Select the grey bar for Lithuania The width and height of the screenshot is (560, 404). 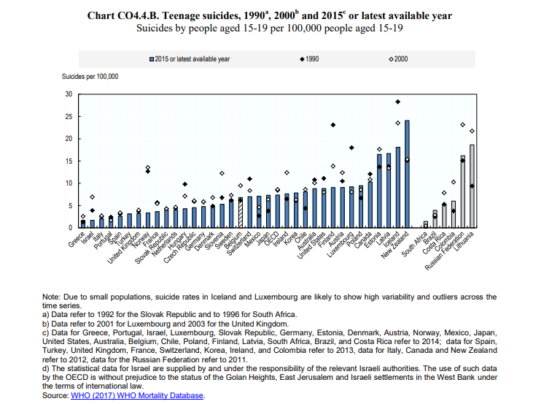tap(472, 186)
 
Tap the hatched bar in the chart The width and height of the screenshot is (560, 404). tap(240, 213)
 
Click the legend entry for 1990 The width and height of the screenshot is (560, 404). tap(309, 59)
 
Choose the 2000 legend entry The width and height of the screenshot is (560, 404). tap(397, 59)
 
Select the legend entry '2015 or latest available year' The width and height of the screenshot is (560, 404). tap(189, 59)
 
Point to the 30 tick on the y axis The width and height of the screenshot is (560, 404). tap(69, 94)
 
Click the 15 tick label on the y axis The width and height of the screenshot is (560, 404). tap(69, 161)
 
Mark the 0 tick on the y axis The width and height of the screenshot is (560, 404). tap(71, 228)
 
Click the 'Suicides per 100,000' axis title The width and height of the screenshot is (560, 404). tap(90, 76)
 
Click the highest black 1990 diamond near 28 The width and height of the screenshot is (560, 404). tap(397, 102)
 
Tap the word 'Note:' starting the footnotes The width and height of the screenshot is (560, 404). tap(53, 297)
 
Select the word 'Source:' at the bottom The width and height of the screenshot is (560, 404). tap(55, 395)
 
